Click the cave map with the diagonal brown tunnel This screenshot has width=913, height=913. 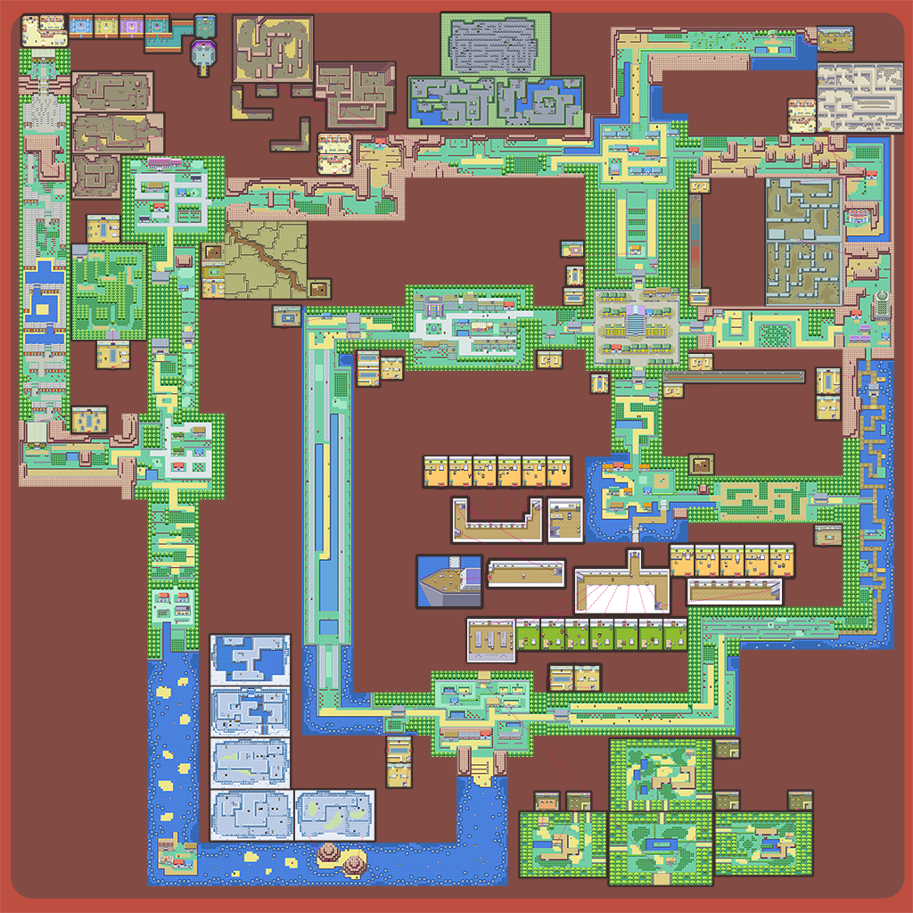click(x=265, y=259)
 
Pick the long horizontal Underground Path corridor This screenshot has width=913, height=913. click(x=734, y=377)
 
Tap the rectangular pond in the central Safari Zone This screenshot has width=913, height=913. click(x=660, y=843)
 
